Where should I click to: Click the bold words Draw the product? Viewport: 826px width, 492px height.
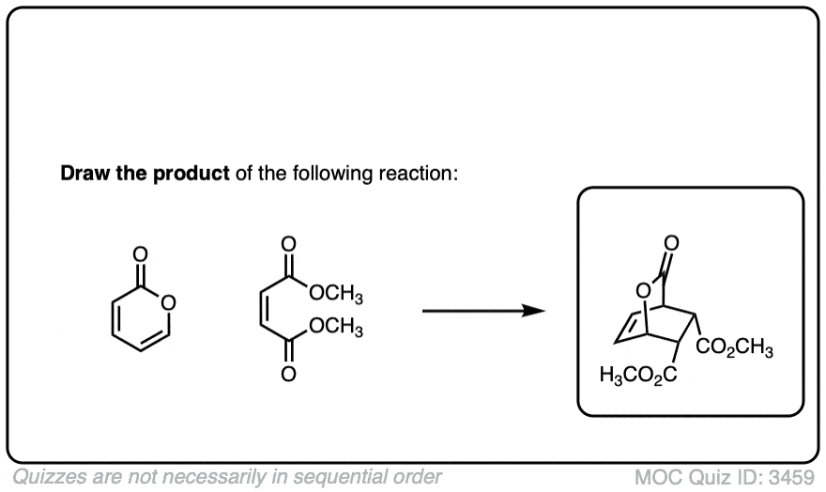[x=145, y=175]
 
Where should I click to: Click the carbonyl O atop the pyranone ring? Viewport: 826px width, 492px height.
[x=140, y=254]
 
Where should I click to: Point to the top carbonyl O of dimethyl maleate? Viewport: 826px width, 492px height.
[x=288, y=243]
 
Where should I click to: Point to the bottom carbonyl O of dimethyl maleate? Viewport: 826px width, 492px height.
[x=288, y=376]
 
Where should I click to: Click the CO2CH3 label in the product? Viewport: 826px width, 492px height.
[x=735, y=350]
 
